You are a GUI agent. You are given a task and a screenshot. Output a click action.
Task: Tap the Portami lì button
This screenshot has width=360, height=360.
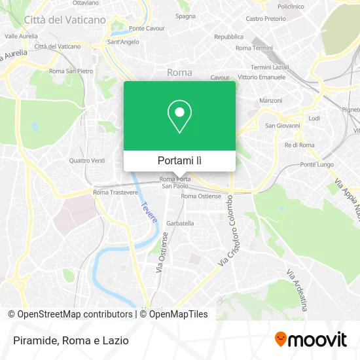pos(179,160)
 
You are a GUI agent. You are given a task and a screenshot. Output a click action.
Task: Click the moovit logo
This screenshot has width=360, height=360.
pos(310,339)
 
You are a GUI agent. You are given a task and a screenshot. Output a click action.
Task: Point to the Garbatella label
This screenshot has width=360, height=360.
pos(180,223)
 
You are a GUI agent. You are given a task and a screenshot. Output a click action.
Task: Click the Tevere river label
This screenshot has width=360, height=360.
pos(148,212)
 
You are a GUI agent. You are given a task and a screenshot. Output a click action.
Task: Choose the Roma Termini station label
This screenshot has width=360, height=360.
pos(254,48)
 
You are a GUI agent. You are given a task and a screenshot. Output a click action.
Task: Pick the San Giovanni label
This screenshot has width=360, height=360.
pos(282,125)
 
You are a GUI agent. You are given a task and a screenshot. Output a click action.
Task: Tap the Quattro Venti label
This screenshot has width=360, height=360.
pos(86,160)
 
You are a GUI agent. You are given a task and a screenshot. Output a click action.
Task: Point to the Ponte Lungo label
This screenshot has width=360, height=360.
pos(317,164)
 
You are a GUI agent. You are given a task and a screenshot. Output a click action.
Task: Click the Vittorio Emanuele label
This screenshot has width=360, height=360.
pos(262,77)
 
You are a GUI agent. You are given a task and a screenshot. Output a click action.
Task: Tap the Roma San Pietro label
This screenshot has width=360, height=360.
pos(71,71)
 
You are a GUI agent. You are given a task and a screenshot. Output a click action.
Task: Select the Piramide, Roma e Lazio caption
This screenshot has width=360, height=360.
pos(68,340)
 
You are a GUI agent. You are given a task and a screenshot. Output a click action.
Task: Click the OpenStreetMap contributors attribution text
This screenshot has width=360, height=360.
pos(75,314)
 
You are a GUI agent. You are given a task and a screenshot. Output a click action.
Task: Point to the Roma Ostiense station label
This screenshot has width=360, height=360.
pos(201,196)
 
